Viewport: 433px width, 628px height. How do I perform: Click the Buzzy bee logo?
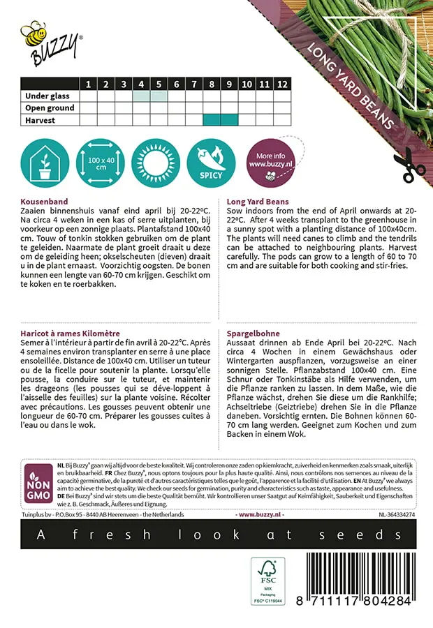tap(50, 43)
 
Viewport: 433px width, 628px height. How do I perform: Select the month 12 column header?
tap(281, 84)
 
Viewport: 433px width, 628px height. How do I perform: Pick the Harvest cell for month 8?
tap(212, 120)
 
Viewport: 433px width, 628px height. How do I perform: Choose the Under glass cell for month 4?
tap(141, 96)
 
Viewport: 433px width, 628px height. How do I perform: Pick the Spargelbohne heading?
tap(252, 334)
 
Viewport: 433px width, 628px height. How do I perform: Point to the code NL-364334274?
tap(401, 514)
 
